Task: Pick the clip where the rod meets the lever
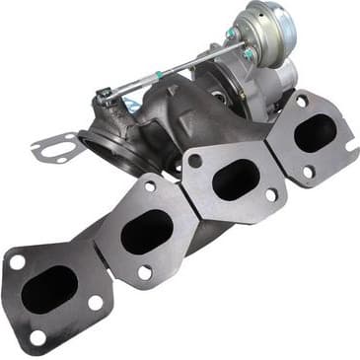pyautogui.click(x=105, y=96)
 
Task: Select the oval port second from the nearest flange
pyautogui.click(x=147, y=231)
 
